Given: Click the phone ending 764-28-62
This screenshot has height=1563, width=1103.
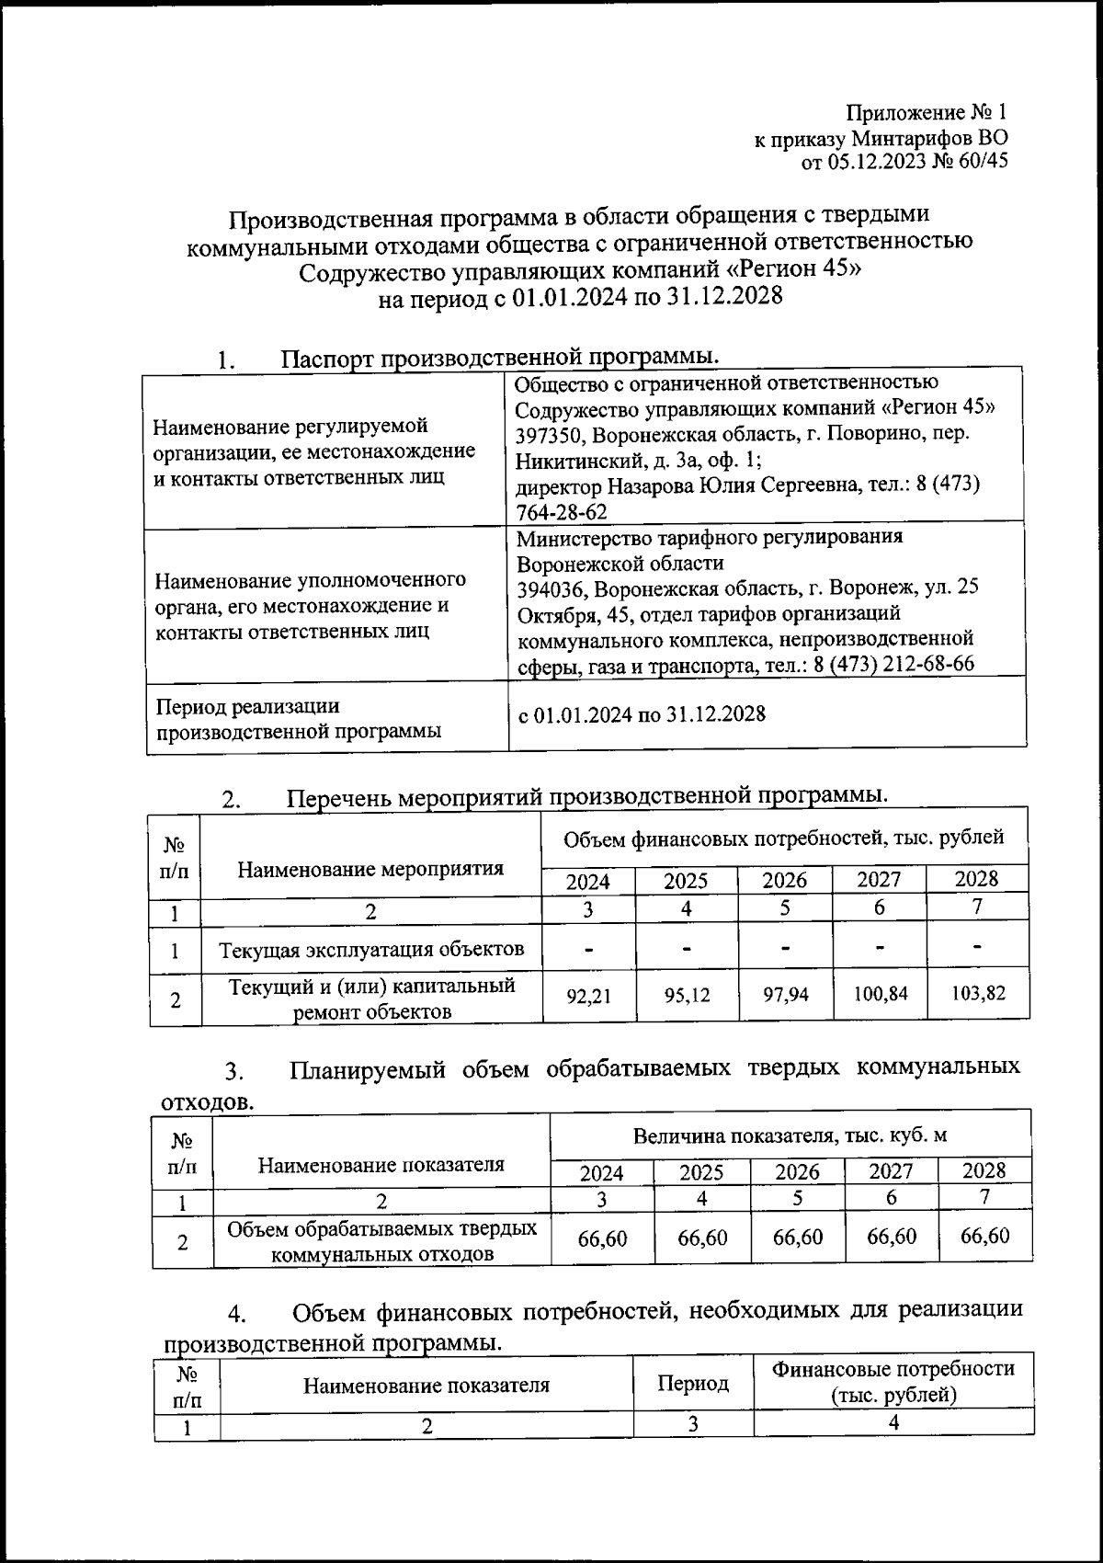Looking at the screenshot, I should pyautogui.click(x=562, y=511).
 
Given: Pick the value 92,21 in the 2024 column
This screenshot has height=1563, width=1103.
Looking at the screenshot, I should pyautogui.click(x=588, y=994).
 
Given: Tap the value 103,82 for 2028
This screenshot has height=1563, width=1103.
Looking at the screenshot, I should pyautogui.click(x=978, y=994).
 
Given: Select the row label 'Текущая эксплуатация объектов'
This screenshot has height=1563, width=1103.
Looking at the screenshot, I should pyautogui.click(x=371, y=950).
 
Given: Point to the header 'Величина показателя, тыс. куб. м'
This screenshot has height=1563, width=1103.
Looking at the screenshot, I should pyautogui.click(x=790, y=1136).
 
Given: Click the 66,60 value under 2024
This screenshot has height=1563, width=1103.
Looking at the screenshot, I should pyautogui.click(x=602, y=1238).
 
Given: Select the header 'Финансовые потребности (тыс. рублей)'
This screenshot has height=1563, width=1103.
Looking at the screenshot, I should pyautogui.click(x=893, y=1382).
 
